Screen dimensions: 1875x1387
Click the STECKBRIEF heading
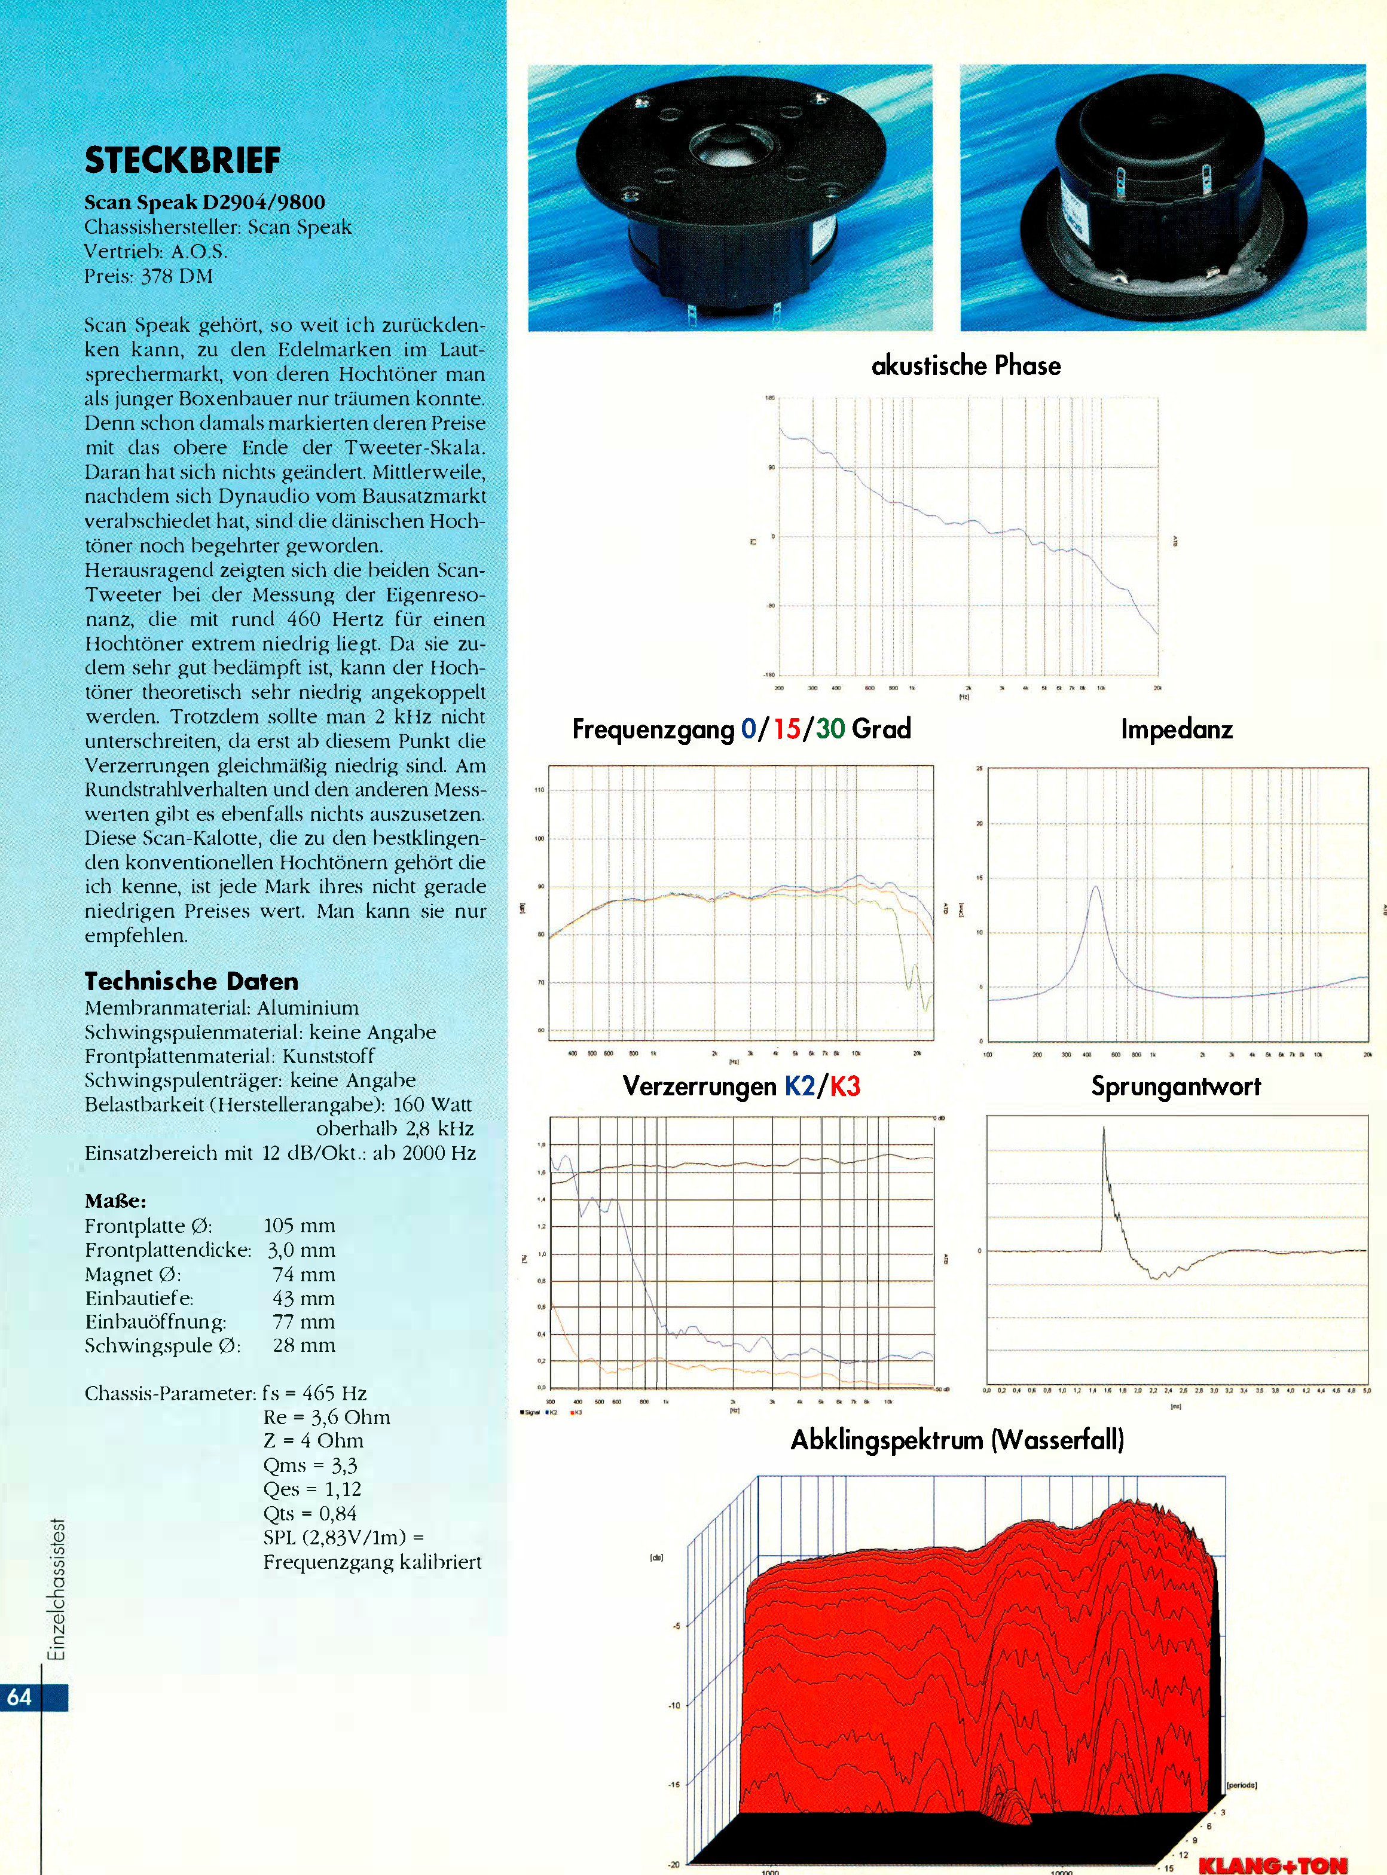click(182, 160)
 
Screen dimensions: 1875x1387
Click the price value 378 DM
click(176, 276)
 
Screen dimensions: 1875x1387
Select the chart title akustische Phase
click(966, 365)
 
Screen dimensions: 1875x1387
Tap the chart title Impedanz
click(1177, 729)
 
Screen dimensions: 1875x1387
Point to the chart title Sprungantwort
click(1175, 1086)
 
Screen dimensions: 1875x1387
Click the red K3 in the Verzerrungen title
click(845, 1086)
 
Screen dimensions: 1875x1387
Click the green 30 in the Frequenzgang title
click(830, 729)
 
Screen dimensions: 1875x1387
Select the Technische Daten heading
click(191, 981)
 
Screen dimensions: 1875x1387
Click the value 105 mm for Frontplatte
click(299, 1226)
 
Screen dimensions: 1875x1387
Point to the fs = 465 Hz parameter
click(315, 1394)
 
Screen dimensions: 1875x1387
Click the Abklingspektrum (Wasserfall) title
click(957, 1441)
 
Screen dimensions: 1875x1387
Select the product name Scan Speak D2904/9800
click(205, 202)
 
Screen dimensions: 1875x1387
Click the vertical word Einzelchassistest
click(57, 1590)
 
